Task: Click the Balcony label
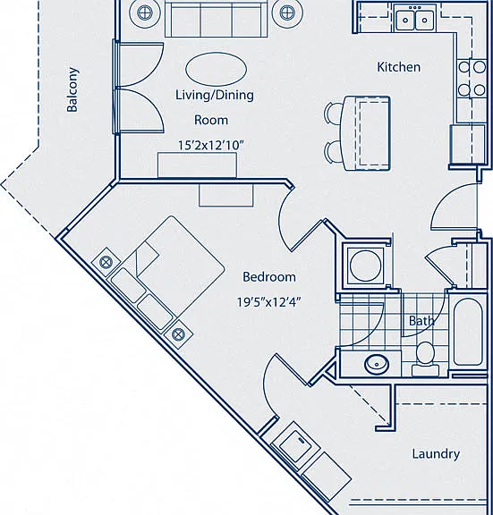click(x=72, y=89)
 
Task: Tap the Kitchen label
click(x=398, y=67)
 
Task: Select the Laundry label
click(x=436, y=454)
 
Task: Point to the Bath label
click(x=421, y=321)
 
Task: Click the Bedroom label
click(x=269, y=277)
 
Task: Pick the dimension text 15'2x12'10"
click(x=210, y=145)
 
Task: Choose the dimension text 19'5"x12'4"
click(x=269, y=302)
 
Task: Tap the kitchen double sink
click(x=415, y=20)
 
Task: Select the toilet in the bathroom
click(x=425, y=359)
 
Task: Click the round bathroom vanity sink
click(x=377, y=364)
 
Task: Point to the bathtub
click(x=468, y=332)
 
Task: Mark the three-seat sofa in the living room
click(x=216, y=19)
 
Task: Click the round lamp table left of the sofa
click(x=143, y=13)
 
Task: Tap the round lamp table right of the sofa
click(x=287, y=13)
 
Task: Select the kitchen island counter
click(x=366, y=133)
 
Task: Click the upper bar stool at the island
click(x=332, y=113)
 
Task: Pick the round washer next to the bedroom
click(x=365, y=266)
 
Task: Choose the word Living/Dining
click(x=215, y=95)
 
